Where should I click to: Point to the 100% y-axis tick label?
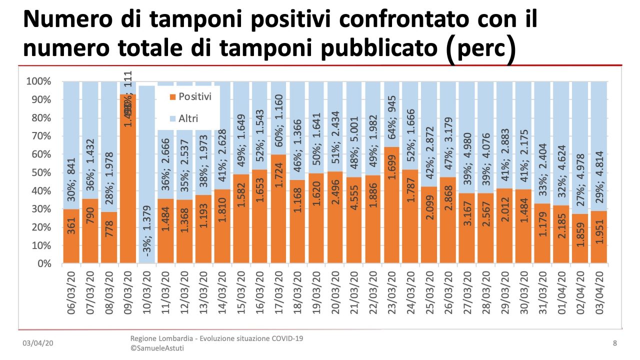point(38,81)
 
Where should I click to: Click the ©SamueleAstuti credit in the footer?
point(157,348)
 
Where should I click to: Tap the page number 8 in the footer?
point(614,343)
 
